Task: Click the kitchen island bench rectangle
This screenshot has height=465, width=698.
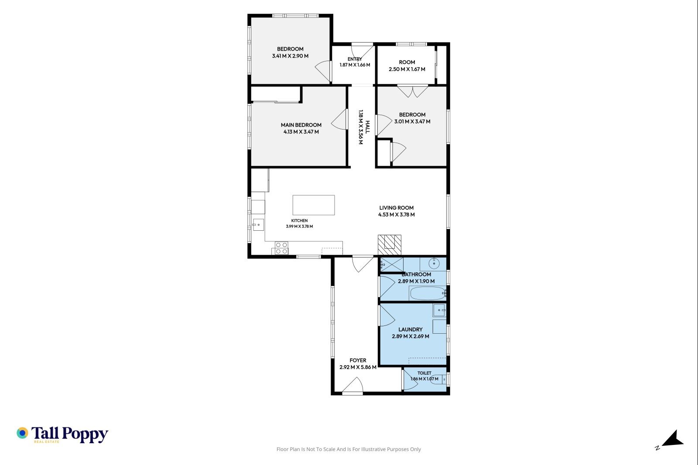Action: pos(314,205)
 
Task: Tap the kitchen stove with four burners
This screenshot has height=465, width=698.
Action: pos(281,248)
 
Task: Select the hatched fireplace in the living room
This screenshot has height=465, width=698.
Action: pos(390,245)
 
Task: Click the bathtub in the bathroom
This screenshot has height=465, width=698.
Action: pos(428,293)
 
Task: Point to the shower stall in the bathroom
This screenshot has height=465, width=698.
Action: pos(392,265)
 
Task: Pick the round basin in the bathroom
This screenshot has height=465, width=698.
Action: pos(434,263)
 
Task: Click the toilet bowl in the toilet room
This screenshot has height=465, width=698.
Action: pos(439,379)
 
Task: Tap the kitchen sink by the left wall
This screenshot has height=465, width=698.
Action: pos(258,225)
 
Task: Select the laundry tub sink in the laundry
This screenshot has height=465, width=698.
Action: pos(439,310)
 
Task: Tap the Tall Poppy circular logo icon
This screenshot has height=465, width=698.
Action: pos(22,433)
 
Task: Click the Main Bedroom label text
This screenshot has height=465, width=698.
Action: pos(301,125)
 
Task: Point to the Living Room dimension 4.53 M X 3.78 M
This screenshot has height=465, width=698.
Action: pos(397,215)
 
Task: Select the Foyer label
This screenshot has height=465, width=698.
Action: pos(358,360)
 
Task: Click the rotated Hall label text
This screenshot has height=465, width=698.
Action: pos(367,127)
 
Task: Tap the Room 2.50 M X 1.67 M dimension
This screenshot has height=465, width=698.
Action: pos(407,69)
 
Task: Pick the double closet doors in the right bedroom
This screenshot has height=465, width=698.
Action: pos(413,91)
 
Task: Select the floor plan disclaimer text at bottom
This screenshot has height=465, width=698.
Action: pos(349,449)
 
